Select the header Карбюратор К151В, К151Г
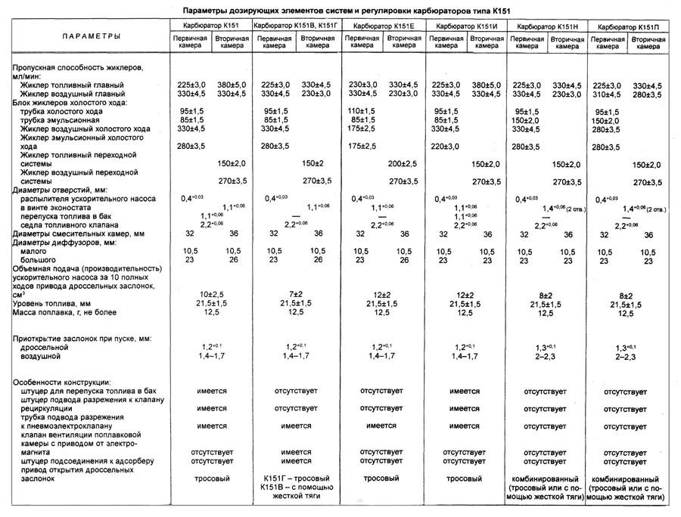click(296, 25)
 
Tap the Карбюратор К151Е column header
click(383, 25)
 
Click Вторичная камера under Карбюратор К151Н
click(565, 42)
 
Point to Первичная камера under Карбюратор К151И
click(447, 42)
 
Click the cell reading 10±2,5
click(213, 293)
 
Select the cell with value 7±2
click(296, 293)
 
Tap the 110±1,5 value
click(362, 111)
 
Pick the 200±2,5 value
click(403, 163)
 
